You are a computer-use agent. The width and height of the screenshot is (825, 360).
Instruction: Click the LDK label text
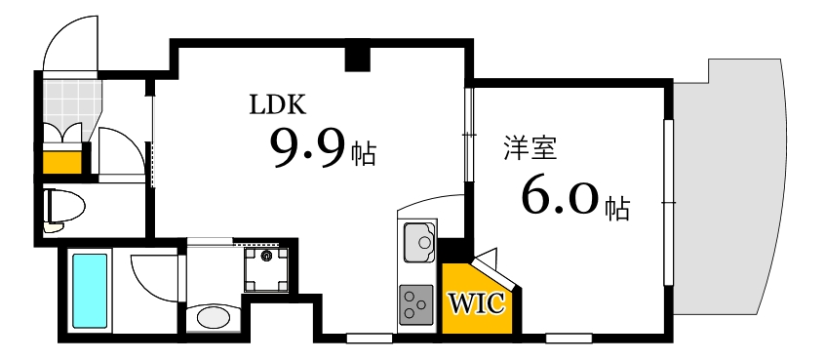click(279, 104)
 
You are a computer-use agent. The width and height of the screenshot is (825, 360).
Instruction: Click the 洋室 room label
click(530, 148)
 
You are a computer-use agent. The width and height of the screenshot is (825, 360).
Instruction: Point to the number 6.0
click(560, 198)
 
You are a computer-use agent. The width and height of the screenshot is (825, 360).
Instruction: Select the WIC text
click(476, 303)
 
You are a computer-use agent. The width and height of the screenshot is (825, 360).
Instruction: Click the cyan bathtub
click(90, 291)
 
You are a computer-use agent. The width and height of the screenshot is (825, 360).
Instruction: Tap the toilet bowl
click(65, 207)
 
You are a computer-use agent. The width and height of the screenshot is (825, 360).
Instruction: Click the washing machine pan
click(266, 267)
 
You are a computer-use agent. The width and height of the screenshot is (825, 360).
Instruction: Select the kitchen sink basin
click(420, 238)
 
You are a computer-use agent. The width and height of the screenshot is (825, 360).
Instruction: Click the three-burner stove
click(417, 303)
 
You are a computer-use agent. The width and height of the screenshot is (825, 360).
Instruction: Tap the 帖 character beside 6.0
click(616, 207)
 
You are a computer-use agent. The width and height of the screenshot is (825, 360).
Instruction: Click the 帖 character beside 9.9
click(364, 155)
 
